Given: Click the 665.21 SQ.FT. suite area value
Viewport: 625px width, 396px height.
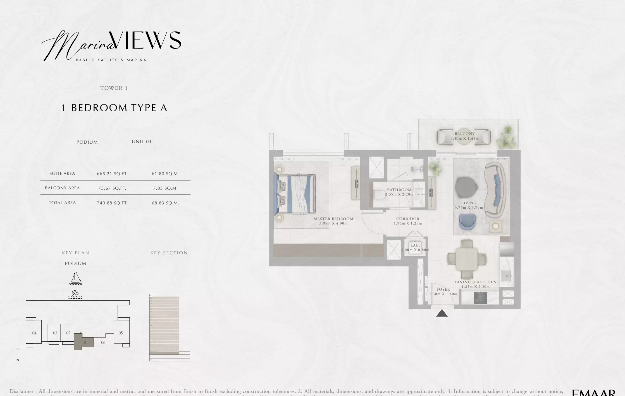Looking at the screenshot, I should coord(112,174).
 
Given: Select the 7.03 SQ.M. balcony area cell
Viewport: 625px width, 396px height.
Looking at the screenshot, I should coord(165,188).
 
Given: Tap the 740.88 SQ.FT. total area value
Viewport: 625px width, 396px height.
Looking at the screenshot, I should coord(112,203).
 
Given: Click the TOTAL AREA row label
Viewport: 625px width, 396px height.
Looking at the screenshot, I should coord(62,203).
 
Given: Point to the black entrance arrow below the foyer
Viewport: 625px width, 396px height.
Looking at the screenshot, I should coord(442,313).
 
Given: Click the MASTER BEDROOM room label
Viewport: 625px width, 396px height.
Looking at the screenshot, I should coord(333,219).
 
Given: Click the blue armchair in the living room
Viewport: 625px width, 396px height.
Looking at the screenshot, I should coord(467,222).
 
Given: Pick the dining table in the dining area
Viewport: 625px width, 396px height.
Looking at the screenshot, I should coord(467,259).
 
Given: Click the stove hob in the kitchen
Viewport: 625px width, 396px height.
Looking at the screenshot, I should coord(480,298).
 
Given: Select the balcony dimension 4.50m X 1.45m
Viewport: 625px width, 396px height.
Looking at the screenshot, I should coord(464,139).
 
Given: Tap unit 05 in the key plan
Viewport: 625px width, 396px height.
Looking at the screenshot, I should coord(121,333).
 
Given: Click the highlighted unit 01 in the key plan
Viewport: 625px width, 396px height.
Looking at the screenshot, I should coord(84,342).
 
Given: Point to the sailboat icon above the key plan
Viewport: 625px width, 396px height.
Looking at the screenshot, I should coord(76,278).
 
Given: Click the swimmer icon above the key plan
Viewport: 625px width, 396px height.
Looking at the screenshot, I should coord(75,294).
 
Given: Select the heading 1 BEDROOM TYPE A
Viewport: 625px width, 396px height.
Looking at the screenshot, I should coord(114,108).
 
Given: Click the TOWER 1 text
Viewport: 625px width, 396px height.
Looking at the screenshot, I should coord(114,88).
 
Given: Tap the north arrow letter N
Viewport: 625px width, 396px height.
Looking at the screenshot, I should coord(18,360).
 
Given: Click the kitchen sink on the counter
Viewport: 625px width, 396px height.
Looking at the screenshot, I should coord(506,276).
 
